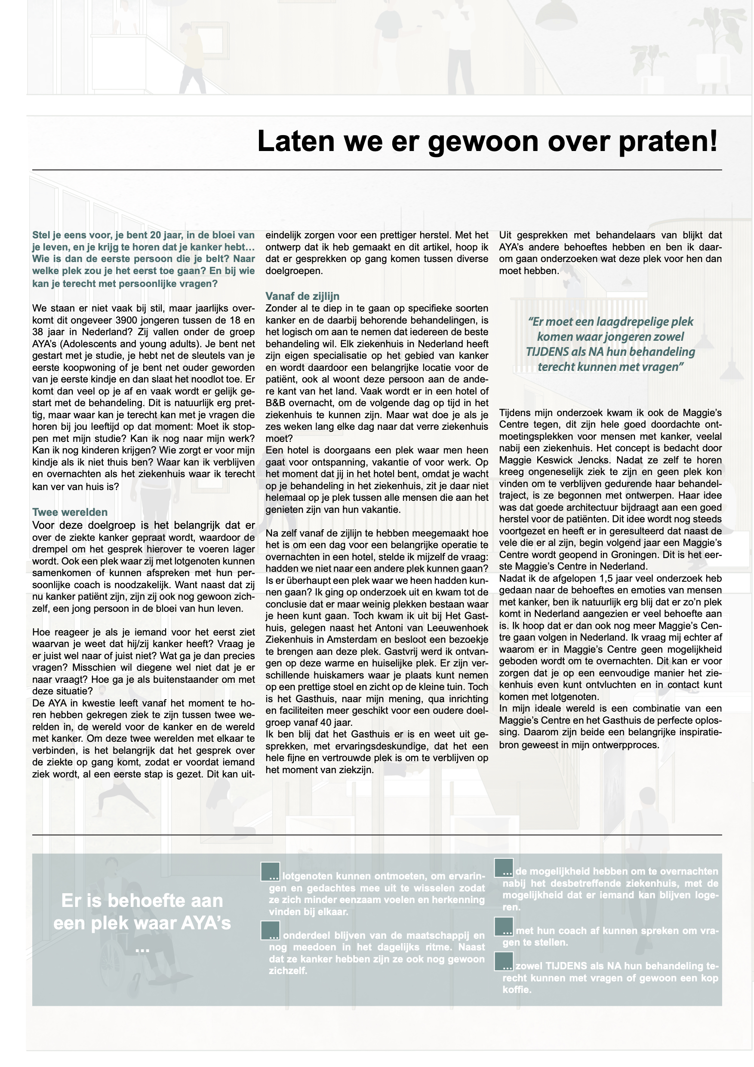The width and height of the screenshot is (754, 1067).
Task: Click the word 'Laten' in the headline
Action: click(295, 141)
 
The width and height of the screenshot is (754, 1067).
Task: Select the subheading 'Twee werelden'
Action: click(70, 512)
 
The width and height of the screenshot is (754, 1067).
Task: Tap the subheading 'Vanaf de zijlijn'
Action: click(302, 296)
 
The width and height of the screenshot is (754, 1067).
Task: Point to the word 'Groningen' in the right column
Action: click(622, 555)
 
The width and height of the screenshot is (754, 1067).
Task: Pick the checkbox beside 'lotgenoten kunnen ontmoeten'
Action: click(271, 871)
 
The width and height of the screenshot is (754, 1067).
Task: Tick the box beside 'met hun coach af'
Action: click(504, 926)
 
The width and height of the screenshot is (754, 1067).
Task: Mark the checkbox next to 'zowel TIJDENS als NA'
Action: click(504, 962)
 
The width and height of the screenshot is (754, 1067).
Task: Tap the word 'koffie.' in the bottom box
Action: click(517, 990)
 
